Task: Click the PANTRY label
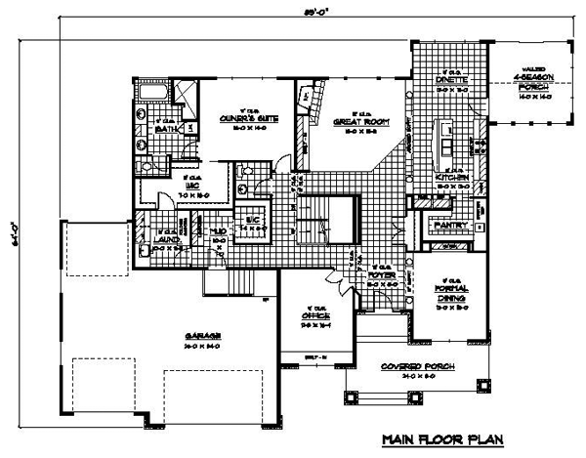452,226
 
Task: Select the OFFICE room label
315,316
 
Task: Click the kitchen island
448,140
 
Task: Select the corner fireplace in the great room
304,98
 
